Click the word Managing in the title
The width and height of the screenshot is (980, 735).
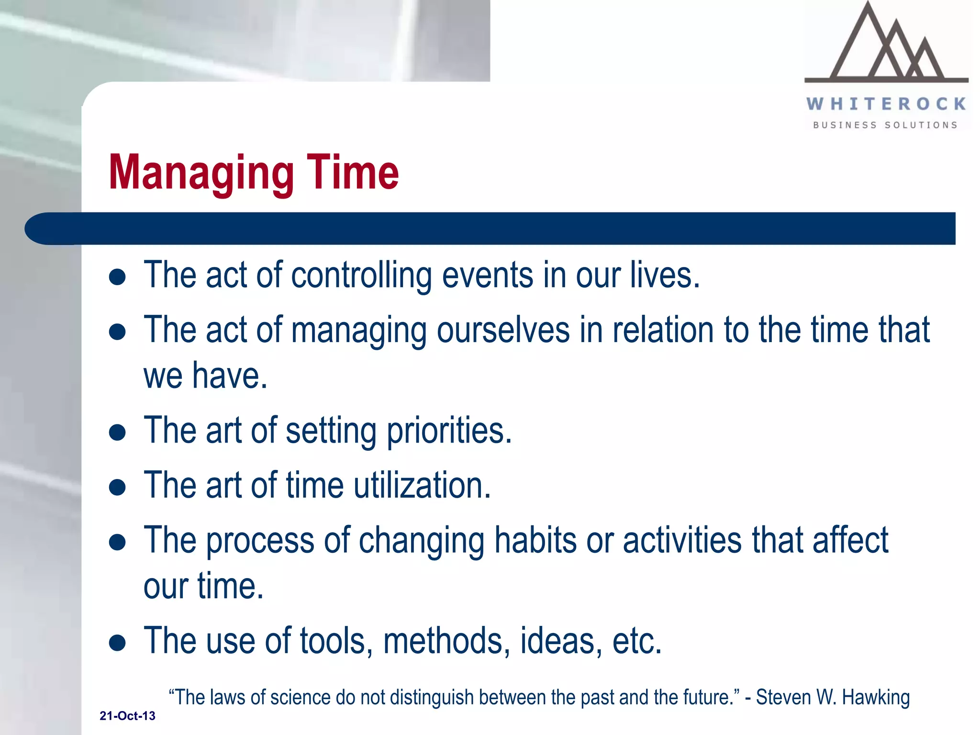(x=201, y=173)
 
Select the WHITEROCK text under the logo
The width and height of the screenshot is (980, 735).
(x=886, y=104)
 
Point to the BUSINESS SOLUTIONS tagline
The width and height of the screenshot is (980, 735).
(x=885, y=125)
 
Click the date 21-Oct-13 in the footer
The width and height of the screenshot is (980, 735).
(x=127, y=716)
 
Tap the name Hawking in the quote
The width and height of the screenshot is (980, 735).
(x=876, y=698)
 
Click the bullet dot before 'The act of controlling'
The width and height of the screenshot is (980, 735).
(x=117, y=277)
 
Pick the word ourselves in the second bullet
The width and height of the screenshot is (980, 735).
(x=503, y=330)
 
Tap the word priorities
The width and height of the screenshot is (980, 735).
(x=449, y=431)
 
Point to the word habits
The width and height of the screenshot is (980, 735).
(x=535, y=540)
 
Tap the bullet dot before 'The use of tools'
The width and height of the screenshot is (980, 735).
(x=117, y=643)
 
